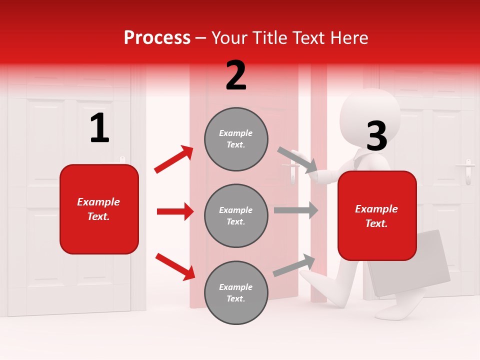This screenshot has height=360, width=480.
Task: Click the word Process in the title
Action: tap(157, 37)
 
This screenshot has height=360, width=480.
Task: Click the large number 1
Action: tap(99, 128)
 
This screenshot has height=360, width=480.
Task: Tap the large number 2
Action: tap(236, 75)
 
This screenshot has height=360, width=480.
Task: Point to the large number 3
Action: tap(377, 136)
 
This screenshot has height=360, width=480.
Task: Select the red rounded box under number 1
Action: tap(99, 209)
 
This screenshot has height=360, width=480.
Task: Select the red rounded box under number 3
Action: tap(377, 216)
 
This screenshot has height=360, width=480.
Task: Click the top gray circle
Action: tap(236, 139)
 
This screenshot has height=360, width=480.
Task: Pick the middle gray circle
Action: tap(236, 215)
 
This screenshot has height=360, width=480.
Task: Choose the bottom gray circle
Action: tap(236, 292)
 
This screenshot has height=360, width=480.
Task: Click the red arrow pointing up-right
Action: tap(174, 159)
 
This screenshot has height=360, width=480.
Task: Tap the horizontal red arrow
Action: tap(175, 211)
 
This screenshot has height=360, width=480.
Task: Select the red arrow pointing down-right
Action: tap(175, 266)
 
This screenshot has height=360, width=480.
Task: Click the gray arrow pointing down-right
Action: tap(297, 159)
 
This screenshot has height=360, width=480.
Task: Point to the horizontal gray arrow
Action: tap(295, 210)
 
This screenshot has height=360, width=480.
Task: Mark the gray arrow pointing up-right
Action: tap(294, 265)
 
